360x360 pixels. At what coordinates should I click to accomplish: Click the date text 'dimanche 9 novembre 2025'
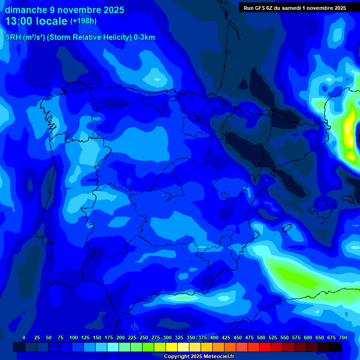pyautogui.click(x=64, y=10)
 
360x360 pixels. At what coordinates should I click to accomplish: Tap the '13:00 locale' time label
pyautogui.click(x=36, y=21)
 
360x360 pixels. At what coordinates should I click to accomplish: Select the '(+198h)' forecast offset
pyautogui.click(x=83, y=21)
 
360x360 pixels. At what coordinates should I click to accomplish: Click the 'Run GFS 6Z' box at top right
pyautogui.click(x=294, y=7)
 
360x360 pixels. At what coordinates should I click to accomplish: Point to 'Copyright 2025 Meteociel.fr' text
pyautogui.click(x=198, y=356)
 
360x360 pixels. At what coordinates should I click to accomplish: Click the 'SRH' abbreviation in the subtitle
pyautogui.click(x=13, y=37)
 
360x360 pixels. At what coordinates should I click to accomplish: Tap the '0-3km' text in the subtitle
pyautogui.click(x=144, y=37)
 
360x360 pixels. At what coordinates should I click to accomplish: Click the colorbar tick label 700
pyautogui.click(x=343, y=337)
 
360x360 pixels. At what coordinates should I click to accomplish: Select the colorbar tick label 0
pyautogui.click(x=24, y=337)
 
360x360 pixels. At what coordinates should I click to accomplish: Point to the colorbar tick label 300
pyautogui.click(x=167, y=337)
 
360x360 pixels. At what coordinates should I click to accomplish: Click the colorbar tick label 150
pyautogui.click(x=97, y=337)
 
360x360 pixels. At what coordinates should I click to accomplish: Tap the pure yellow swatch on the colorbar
pyautogui.click(x=172, y=347)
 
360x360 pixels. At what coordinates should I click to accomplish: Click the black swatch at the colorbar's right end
pyautogui.click(x=336, y=347)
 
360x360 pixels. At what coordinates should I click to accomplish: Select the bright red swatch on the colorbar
pyautogui.click(x=265, y=347)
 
